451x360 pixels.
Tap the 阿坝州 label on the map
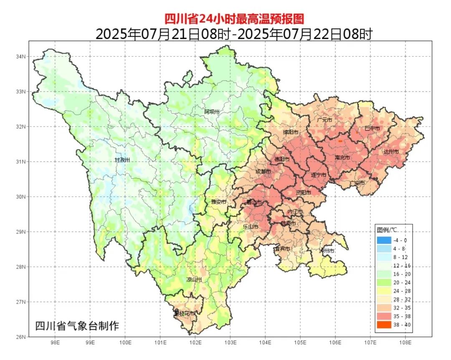point(212,112)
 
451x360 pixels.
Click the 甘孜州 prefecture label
point(122,160)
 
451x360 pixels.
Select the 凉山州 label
point(194,279)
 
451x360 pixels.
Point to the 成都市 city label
point(263,172)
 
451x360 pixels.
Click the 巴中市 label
point(372,128)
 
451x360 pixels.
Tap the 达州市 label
point(391,152)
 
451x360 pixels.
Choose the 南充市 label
point(342,158)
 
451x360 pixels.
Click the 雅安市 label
point(218,202)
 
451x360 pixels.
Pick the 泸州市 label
point(327,251)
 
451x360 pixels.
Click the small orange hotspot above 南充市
point(340,142)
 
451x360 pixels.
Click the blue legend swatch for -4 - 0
point(384,240)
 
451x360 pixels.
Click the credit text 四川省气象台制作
point(77,326)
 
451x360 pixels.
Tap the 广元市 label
point(324,120)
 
